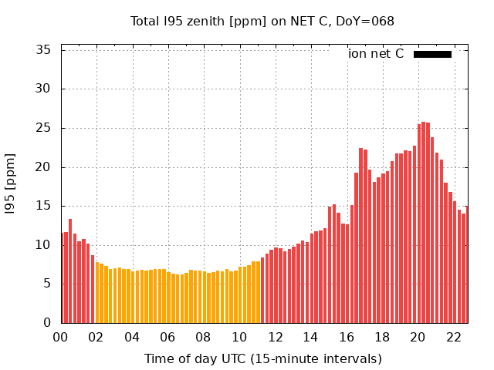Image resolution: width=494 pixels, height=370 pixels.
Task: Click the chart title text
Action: point(262,22)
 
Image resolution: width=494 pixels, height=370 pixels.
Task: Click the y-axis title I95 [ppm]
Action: point(11,186)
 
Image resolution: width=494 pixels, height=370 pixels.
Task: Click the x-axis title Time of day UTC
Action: point(262,358)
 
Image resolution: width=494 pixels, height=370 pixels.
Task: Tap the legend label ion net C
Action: point(376,54)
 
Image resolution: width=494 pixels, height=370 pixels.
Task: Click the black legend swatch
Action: point(432,54)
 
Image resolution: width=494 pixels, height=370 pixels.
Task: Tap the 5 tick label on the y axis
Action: point(47,284)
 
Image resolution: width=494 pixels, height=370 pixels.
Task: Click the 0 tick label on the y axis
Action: point(47,323)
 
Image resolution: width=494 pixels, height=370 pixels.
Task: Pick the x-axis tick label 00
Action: point(60,337)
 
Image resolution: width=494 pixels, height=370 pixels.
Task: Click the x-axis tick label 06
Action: point(167,337)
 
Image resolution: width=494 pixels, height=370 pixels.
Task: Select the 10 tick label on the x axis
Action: point(239,337)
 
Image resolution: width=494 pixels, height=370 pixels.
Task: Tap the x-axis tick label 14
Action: point(310,337)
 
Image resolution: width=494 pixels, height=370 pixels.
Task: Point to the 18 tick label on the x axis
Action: point(382,337)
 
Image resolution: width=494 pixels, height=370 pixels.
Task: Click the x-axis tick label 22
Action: point(453,337)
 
